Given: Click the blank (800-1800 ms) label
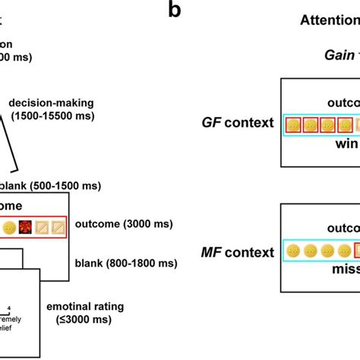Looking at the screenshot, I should click(x=126, y=264).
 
